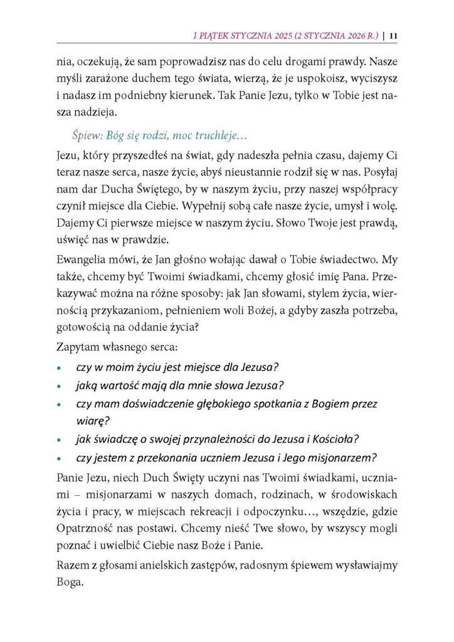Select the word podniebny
click(178, 97)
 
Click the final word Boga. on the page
click(71, 582)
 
